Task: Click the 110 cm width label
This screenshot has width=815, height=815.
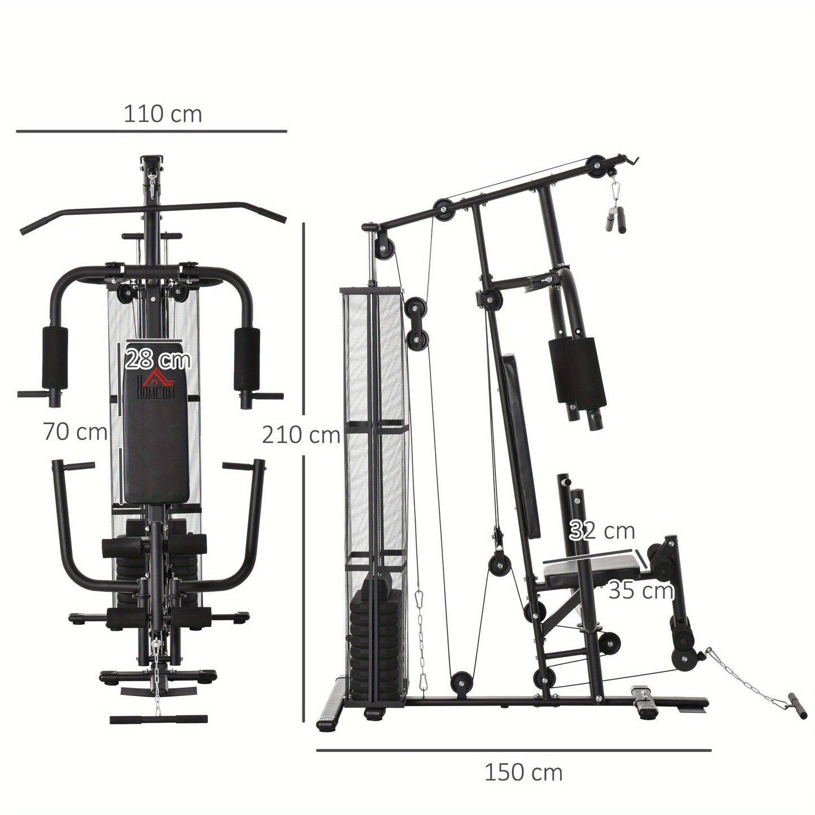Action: pyautogui.click(x=162, y=114)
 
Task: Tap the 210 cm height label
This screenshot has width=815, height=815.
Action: pyautogui.click(x=301, y=435)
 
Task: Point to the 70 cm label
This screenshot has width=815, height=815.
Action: pyautogui.click(x=75, y=432)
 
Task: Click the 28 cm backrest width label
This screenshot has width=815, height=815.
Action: pyautogui.click(x=158, y=359)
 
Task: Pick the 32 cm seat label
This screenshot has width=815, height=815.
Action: pyautogui.click(x=602, y=531)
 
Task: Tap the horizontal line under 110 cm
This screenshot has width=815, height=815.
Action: pyautogui.click(x=151, y=132)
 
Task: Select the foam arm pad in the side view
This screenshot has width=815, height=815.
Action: pyautogui.click(x=576, y=369)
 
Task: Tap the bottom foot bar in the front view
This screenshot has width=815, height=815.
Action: pyautogui.click(x=151, y=719)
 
